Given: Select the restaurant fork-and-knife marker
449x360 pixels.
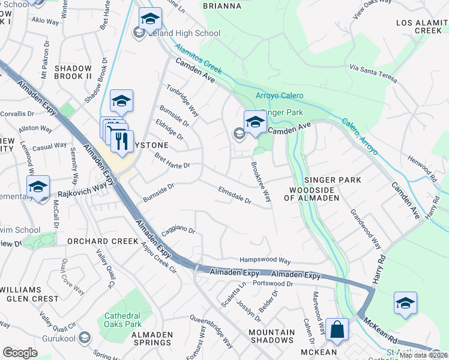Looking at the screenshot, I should click(x=122, y=142).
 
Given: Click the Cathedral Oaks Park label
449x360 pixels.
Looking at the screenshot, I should click(x=122, y=320).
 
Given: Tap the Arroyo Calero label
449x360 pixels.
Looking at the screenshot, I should click(x=280, y=95).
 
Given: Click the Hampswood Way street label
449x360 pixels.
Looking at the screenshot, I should click(x=265, y=261).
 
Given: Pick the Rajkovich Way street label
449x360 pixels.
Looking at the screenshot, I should click(x=77, y=193).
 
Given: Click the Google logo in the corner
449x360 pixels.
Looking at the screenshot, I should click(x=20, y=352).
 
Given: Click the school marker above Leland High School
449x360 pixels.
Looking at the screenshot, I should click(x=150, y=18).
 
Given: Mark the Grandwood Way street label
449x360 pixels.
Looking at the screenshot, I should click(x=366, y=230).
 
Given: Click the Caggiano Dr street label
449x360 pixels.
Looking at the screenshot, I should click(x=178, y=231).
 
